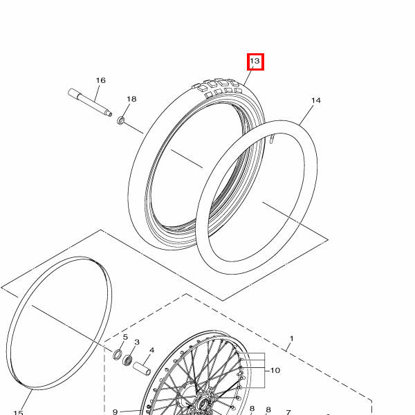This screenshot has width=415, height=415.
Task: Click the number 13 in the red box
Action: coord(255,62)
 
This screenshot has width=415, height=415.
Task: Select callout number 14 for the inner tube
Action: coord(315,101)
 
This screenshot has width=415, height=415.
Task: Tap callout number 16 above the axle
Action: coord(100,81)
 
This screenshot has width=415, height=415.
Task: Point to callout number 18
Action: coord(131,100)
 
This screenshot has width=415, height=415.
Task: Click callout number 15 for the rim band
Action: coord(19,413)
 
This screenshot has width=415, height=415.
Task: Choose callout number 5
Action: coord(125,337)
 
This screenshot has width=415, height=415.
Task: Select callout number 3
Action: coord(137,342)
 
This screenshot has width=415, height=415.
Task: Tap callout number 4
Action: coord(151,351)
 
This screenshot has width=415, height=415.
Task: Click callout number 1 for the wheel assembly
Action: coord(291,338)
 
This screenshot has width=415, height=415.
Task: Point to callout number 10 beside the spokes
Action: coord(275,371)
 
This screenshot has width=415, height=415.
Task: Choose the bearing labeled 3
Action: coord(128,360)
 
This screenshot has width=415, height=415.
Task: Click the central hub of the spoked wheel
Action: coord(202,401)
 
